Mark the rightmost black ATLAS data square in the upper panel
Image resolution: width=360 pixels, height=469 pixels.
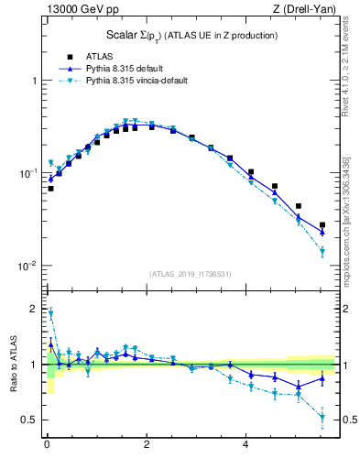click(x=322, y=224)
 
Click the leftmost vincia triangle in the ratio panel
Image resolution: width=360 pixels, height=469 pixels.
click(x=50, y=313)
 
